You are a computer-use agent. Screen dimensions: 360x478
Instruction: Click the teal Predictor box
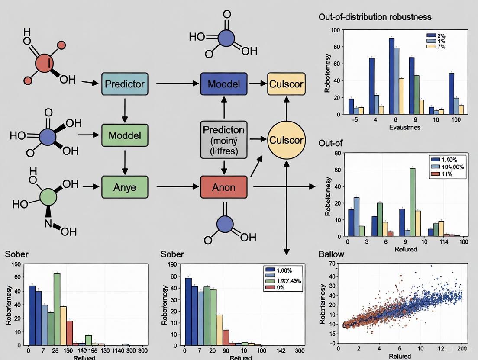coord(125,84)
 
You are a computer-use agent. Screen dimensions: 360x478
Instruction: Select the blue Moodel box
coord(224,84)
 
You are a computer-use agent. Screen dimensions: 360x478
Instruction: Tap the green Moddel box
coord(125,135)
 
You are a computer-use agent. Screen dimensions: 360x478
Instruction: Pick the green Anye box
coord(125,187)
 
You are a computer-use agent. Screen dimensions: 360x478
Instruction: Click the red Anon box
coord(224,187)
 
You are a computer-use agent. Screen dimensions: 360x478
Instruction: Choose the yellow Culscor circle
coord(286,140)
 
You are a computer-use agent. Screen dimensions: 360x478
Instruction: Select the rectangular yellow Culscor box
coord(286,84)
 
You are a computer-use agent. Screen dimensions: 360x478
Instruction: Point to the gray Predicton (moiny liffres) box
coord(224,140)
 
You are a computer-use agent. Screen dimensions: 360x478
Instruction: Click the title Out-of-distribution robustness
coord(375,17)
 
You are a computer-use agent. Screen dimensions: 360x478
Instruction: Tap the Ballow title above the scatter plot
coord(331,254)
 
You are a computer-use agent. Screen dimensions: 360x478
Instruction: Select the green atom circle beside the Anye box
coord(48,196)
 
